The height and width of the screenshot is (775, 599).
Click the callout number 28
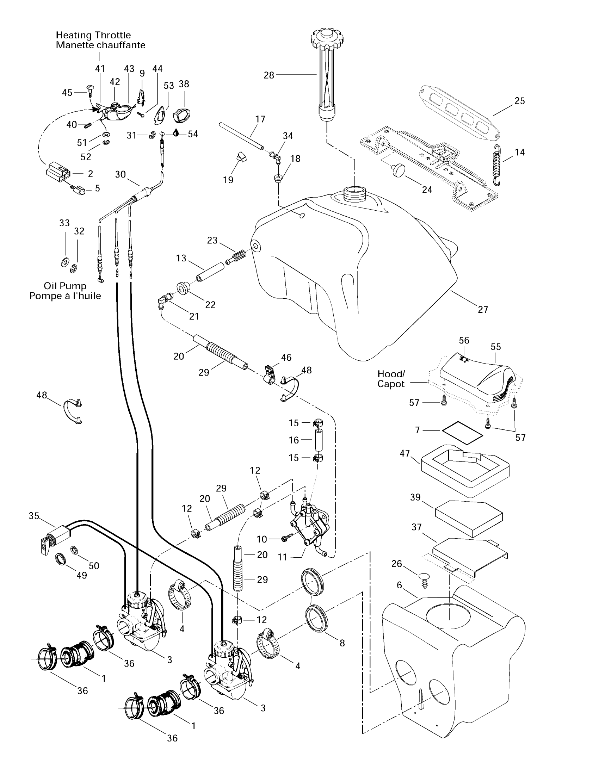point(268,75)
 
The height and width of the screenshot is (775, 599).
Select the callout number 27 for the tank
point(483,310)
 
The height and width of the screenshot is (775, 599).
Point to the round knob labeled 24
point(397,170)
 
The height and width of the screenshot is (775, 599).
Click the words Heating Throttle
point(93,35)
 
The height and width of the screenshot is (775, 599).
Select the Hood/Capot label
point(391,379)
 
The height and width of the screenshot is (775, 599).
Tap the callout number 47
point(405,453)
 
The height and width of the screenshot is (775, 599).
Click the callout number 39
point(415,497)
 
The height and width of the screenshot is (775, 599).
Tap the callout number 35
point(34,516)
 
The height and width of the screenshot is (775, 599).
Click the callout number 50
point(94,566)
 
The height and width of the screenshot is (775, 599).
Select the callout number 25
point(519,101)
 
